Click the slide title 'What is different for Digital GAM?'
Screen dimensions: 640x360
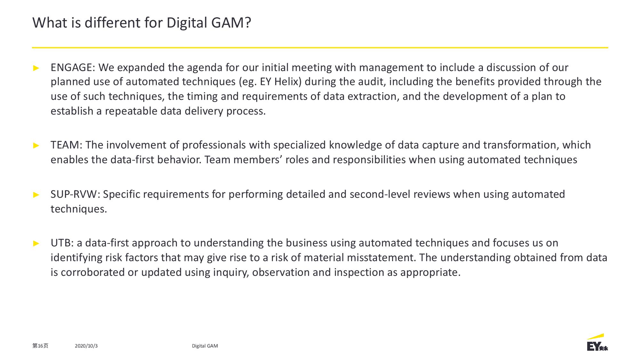tap(142, 23)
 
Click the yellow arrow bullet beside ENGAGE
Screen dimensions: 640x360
tap(36, 68)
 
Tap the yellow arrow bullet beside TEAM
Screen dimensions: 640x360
tap(36, 145)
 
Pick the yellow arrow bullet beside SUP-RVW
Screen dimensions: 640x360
tap(36, 195)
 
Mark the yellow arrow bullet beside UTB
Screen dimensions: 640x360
tap(36, 243)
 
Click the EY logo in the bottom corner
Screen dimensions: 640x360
tap(597, 343)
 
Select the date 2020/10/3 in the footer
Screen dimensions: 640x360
tap(86, 346)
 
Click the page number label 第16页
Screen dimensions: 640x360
tap(40, 346)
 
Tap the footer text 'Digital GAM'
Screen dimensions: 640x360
tap(205, 346)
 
